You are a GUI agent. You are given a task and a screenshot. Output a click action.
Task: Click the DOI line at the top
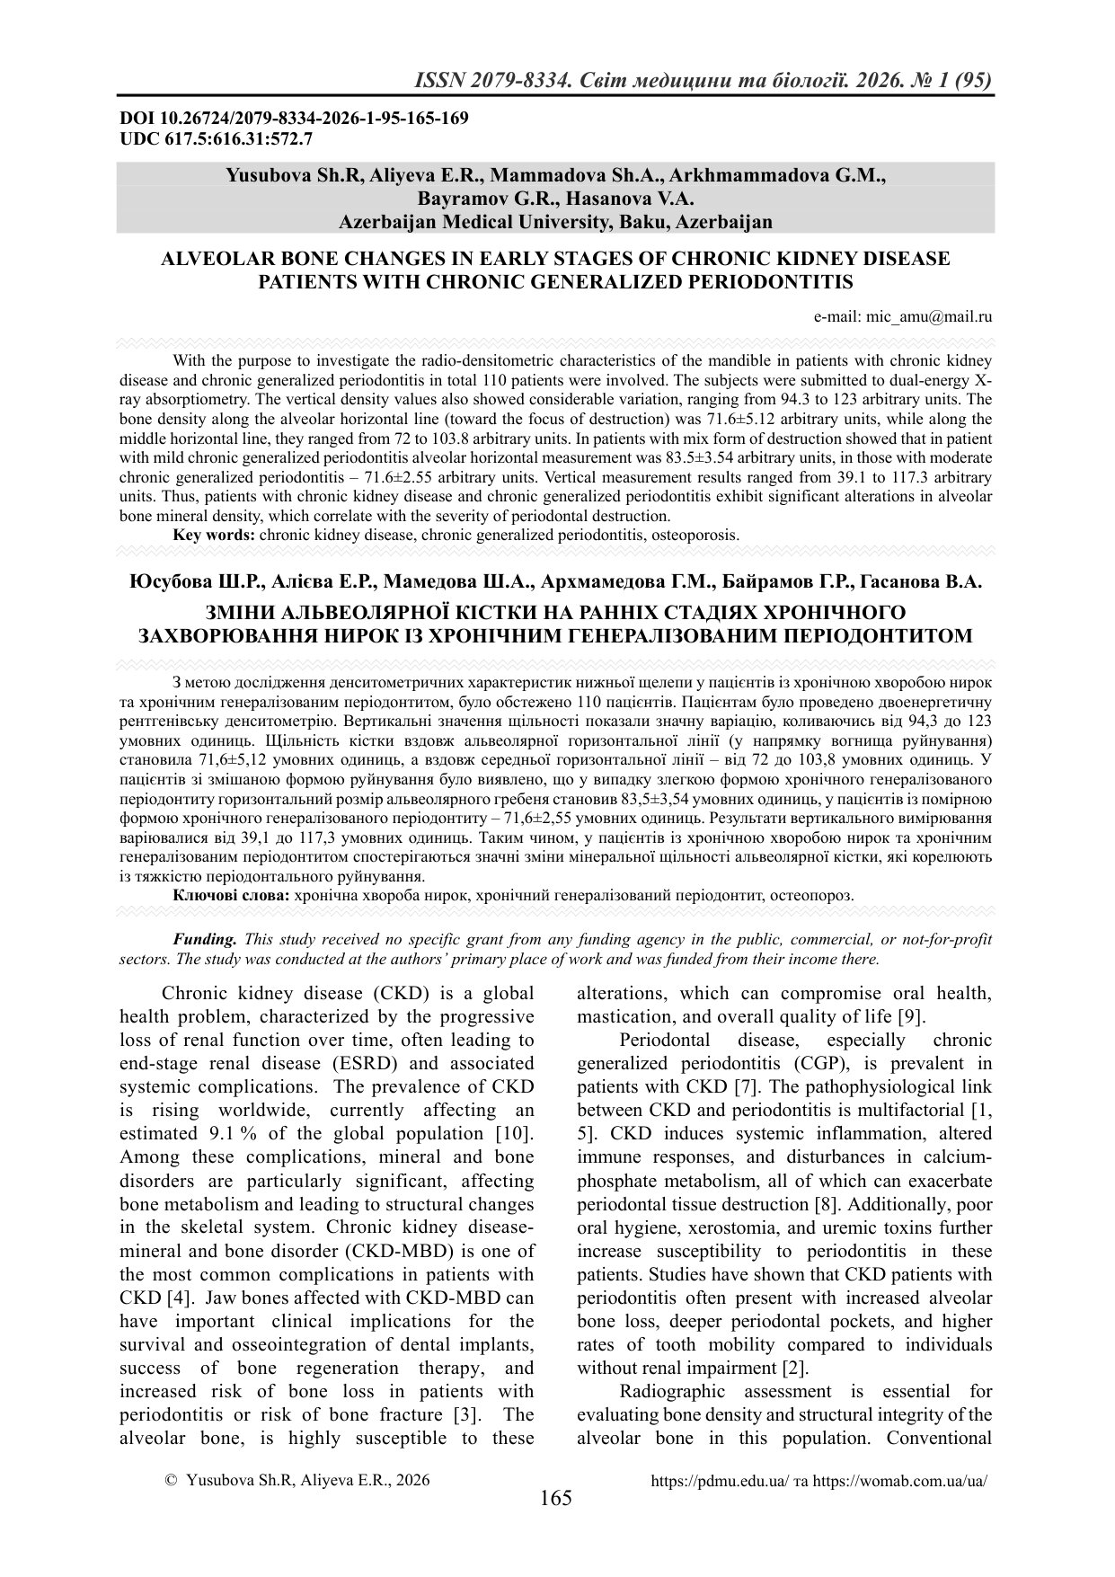click(294, 119)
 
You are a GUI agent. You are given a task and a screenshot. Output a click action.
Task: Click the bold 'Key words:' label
click(214, 535)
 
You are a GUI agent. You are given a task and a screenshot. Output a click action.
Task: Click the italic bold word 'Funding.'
click(205, 939)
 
